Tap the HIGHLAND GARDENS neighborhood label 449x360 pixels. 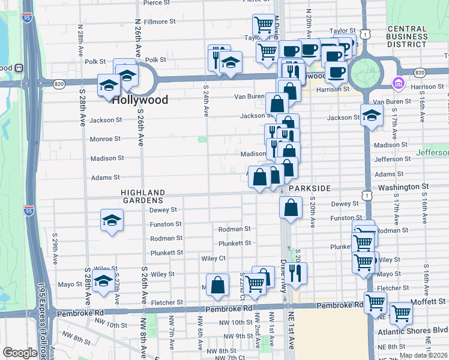(x=142, y=196)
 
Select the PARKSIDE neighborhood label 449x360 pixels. (x=310, y=188)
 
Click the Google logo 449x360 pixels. (x=20, y=353)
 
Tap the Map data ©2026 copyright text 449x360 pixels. (x=423, y=355)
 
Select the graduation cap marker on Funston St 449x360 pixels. (x=112, y=221)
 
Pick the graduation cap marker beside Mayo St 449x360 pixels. (x=104, y=281)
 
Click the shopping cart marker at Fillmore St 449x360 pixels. (x=263, y=25)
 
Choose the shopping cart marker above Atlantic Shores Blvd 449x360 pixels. (x=400, y=313)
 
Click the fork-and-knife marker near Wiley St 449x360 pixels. (x=296, y=273)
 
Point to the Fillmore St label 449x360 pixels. (x=159, y=22)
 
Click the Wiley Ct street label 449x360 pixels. (x=213, y=259)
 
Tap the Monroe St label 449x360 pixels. (x=105, y=139)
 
